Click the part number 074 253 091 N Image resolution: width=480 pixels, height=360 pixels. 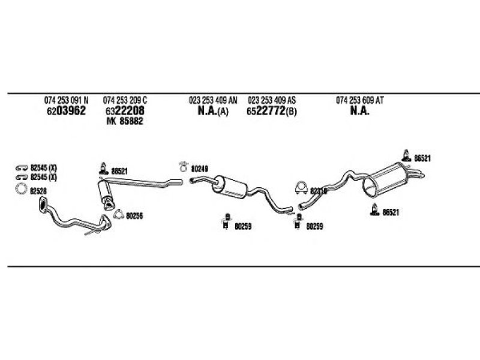tap(66, 100)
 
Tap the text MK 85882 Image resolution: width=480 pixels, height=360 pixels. tap(124, 121)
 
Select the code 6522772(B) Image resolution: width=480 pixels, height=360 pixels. tap(271, 111)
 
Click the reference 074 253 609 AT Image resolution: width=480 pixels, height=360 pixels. tap(359, 100)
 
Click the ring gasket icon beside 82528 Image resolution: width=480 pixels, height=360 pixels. tap(21, 191)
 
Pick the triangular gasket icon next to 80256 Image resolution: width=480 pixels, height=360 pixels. tap(118, 215)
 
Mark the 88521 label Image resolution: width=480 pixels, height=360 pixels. tap(119, 171)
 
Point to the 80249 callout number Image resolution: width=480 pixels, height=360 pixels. tap(199, 169)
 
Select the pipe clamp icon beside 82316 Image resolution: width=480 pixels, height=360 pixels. tap(301, 188)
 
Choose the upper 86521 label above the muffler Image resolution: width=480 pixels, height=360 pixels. tap(423, 157)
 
